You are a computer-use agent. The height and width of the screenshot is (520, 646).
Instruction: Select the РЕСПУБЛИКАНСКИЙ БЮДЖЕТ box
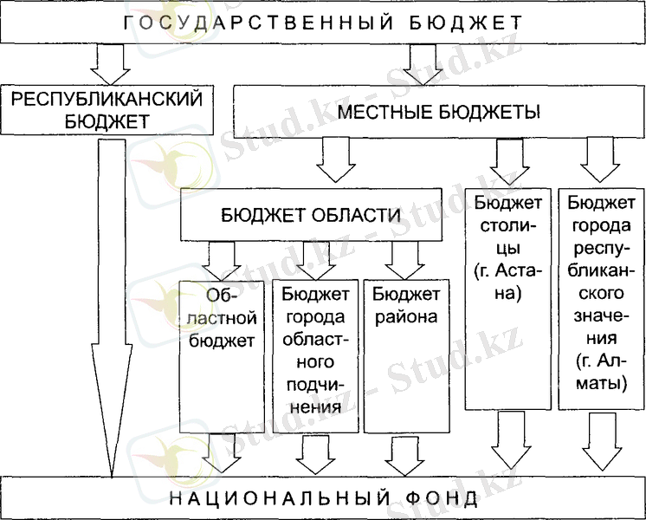107,109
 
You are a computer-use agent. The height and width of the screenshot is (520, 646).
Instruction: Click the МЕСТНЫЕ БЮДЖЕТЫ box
439,113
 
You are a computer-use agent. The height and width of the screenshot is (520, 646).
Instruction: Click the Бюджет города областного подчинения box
314,355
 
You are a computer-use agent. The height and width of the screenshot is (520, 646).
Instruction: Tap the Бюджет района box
405,355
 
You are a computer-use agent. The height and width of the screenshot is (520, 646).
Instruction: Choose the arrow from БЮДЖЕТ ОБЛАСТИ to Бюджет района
404,258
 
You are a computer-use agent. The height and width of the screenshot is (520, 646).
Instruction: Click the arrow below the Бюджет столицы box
507,442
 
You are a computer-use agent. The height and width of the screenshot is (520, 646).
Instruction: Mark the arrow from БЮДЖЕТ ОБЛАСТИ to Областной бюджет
223,258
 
